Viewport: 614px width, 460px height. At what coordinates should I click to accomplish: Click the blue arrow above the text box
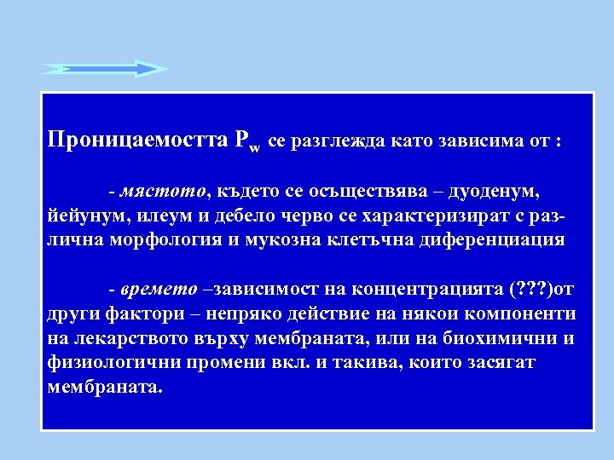point(105,69)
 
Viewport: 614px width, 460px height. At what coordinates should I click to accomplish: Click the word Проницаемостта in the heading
point(137,141)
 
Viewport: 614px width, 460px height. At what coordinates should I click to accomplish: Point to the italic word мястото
point(164,187)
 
